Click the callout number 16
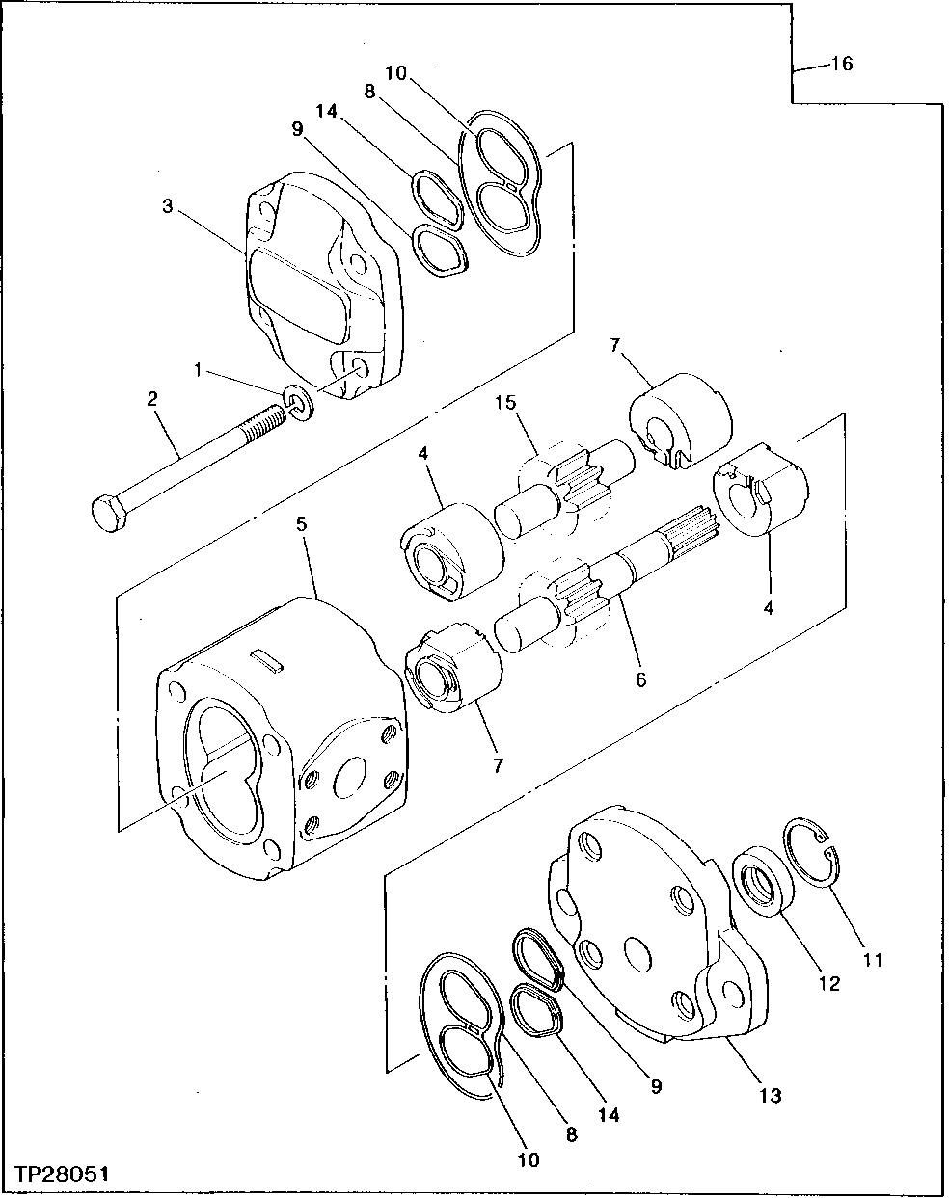841,65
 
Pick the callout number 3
168,207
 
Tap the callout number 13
770,1095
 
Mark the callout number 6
640,680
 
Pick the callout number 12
829,983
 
